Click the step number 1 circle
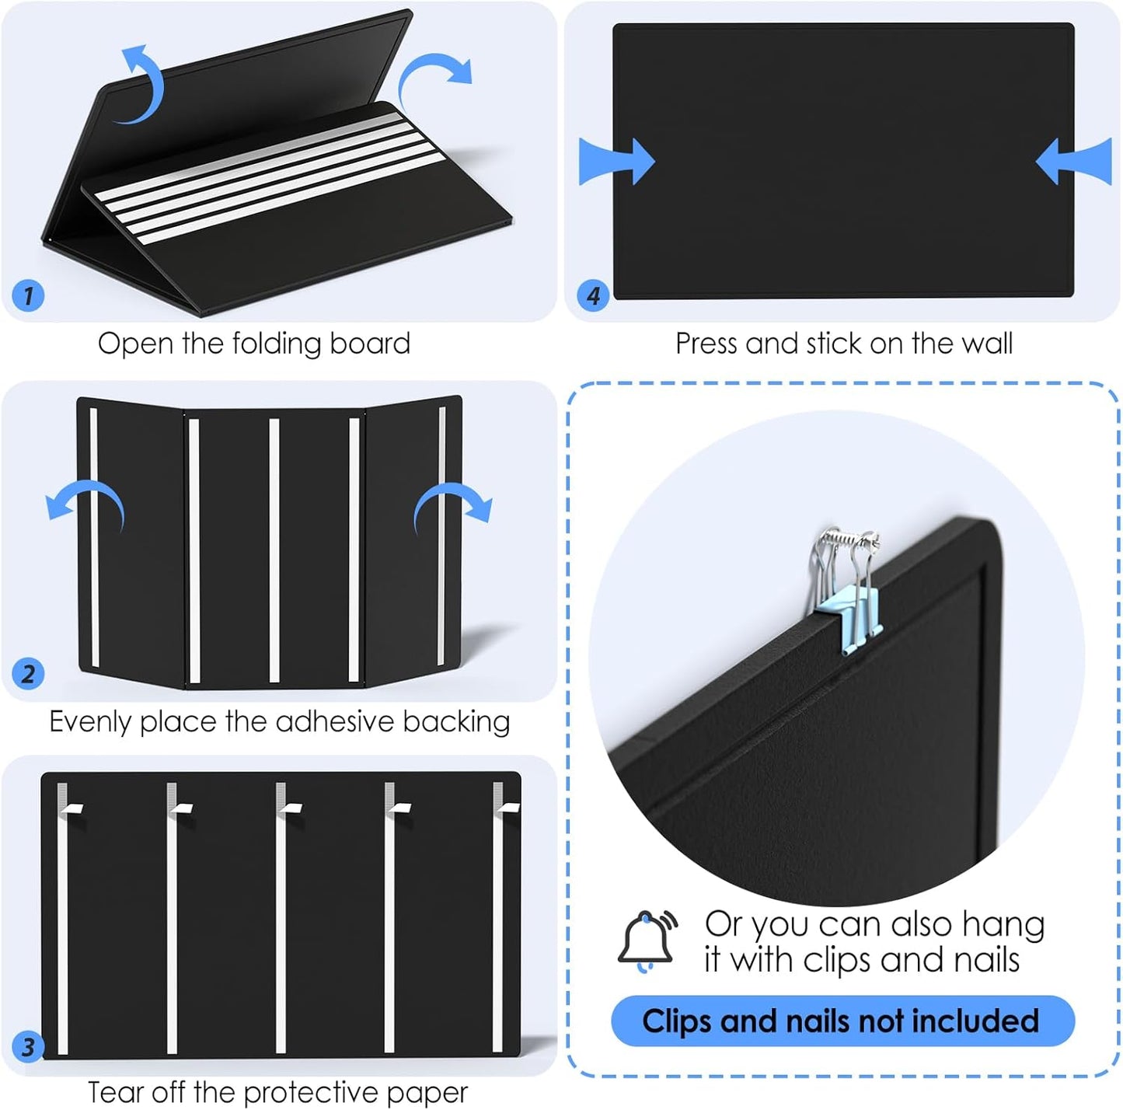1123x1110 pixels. pos(28,295)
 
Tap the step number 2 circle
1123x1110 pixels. pos(28,673)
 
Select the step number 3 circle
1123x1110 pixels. pos(28,1046)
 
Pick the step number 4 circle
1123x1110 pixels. pos(593,295)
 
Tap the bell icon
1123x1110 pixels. pos(647,941)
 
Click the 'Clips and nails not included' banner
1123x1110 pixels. pos(842,1021)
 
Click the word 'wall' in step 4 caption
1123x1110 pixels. pos(986,344)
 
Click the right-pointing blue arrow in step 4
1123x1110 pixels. pos(617,162)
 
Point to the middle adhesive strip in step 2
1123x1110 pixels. pos(274,550)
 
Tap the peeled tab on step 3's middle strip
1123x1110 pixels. pos(291,808)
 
